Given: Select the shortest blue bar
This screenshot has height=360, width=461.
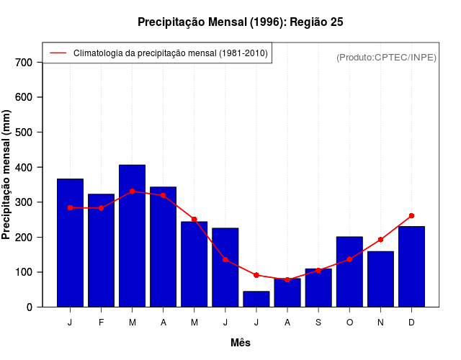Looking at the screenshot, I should coord(256,299).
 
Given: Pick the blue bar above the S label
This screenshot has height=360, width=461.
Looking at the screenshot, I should coord(318,288).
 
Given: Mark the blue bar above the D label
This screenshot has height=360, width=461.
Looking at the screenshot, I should coord(411,266).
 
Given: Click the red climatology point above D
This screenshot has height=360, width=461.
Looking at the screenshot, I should coord(411,215).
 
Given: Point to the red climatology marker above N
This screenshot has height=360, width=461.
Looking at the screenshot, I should coord(380,240).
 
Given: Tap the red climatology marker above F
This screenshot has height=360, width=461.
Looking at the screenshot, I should coord(101,208).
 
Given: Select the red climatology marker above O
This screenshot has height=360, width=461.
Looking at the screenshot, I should coord(349,259).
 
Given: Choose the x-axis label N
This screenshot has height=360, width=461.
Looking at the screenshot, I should coord(380,323).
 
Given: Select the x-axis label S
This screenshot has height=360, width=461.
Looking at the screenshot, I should coord(318,323).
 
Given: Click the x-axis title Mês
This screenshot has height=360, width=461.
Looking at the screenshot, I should coord(241,343).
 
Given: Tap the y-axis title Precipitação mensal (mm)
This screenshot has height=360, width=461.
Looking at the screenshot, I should coord(7,174).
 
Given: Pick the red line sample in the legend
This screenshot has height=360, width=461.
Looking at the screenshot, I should coord(58,53).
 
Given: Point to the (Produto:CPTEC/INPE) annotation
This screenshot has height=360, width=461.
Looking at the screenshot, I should coord(386,57).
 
